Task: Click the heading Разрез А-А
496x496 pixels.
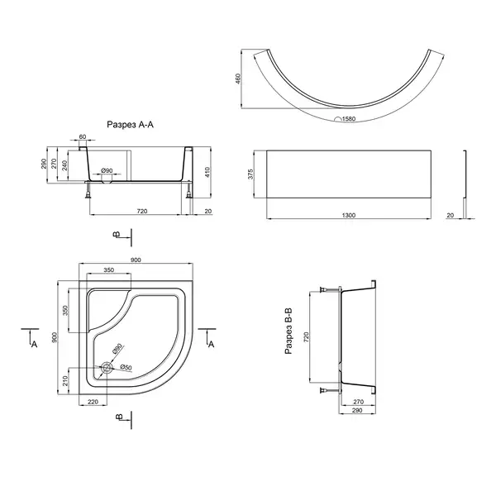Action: point(130,125)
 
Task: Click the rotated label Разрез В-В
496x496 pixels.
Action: point(289,331)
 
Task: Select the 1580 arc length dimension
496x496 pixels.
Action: point(349,119)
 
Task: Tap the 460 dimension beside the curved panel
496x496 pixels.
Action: point(238,79)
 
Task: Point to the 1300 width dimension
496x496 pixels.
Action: point(349,215)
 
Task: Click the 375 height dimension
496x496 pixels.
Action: point(250,174)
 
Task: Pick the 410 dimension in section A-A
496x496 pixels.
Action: point(207,173)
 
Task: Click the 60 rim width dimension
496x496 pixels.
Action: point(82,136)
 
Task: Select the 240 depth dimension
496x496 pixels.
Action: point(64,165)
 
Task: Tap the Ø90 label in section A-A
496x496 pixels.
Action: point(107,170)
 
